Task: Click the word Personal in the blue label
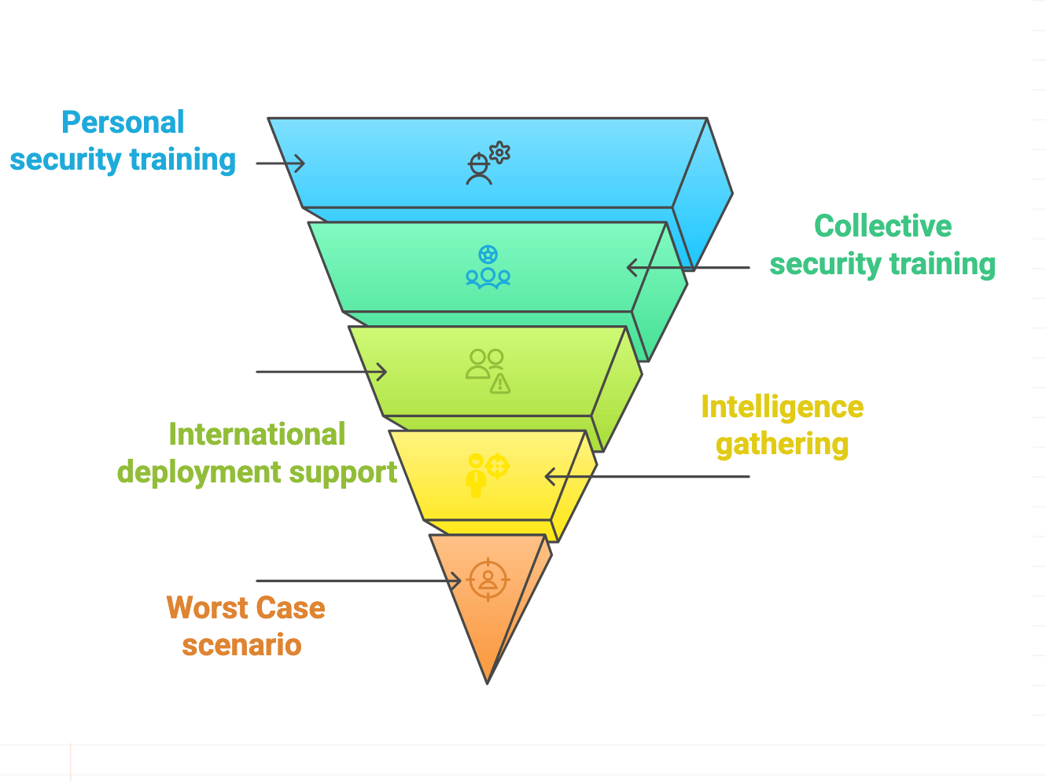click(x=123, y=123)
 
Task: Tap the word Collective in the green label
click(x=882, y=226)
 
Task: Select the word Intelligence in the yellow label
click(x=782, y=407)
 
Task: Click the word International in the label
click(x=256, y=434)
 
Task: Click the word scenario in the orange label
click(x=241, y=645)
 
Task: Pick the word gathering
click(x=782, y=445)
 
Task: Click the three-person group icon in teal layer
click(x=488, y=267)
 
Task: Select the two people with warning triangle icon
click(x=488, y=371)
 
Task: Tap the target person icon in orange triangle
click(x=488, y=580)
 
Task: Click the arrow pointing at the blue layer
click(x=281, y=163)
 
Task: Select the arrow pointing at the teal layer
click(x=688, y=268)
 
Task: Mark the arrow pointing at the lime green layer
click(x=322, y=371)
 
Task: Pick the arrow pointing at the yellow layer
click(x=646, y=476)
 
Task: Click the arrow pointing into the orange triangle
click(x=359, y=581)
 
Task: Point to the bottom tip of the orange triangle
click(x=488, y=682)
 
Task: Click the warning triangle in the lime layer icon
click(x=500, y=383)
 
